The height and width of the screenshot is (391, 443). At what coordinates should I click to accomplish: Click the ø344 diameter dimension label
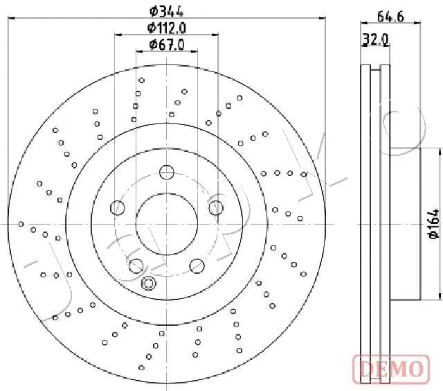point(166,11)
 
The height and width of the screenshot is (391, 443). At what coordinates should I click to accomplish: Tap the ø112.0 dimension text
point(166,28)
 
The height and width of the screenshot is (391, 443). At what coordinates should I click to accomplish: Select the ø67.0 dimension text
point(167,44)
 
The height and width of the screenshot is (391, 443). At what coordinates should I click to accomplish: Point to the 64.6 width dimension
point(390,17)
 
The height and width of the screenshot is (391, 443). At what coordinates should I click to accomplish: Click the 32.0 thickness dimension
point(376,40)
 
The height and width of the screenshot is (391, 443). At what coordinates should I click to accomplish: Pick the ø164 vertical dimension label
point(434,223)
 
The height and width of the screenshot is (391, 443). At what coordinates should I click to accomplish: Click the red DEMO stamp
point(392,369)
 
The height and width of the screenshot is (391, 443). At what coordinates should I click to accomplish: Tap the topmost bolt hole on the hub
point(167,172)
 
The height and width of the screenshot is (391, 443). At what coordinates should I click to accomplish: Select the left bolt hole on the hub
point(117,208)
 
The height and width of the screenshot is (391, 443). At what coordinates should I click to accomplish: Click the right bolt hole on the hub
point(216,208)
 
